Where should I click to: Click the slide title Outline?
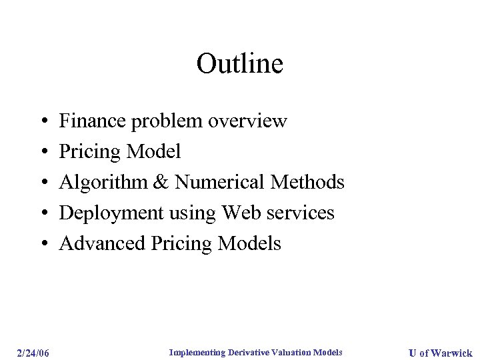240,64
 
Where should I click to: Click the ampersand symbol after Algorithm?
160,183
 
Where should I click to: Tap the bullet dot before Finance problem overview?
43,122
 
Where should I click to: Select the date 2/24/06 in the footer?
33,353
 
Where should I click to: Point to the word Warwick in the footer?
451,353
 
